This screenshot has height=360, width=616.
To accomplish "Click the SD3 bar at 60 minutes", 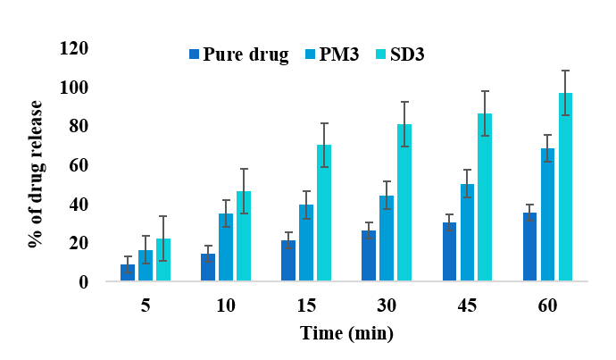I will point(565,188).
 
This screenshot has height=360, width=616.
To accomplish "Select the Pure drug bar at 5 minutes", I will point(128,272).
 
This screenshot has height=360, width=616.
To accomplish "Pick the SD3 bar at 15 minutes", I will point(323,213).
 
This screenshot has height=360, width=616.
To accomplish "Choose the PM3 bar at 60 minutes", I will point(547,215).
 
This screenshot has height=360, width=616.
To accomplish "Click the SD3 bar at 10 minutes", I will point(243,237).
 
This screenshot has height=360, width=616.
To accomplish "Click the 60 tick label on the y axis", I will point(79,165).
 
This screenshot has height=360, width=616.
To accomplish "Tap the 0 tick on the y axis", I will point(85,282).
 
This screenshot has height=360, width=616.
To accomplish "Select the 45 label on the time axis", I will point(467,306).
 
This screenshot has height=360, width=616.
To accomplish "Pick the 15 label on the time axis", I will point(305,306).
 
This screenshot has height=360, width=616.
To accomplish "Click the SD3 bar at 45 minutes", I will point(485,197).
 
